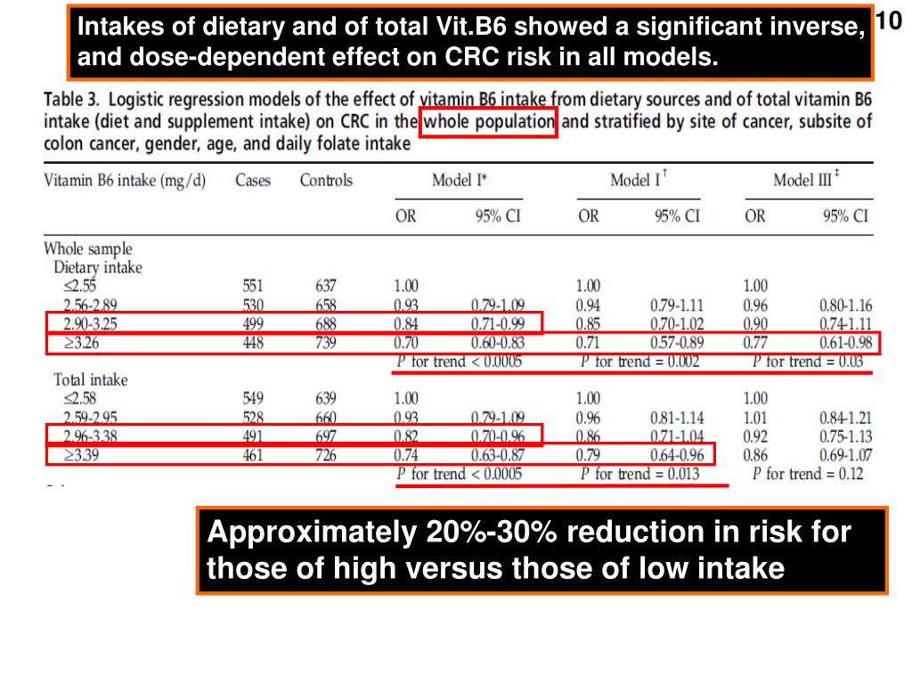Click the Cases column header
(254, 181)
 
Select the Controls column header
(326, 181)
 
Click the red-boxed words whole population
(490, 122)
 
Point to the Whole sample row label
(88, 249)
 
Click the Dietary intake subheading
(98, 267)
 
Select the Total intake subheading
(91, 380)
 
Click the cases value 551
(254, 287)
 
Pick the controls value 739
(326, 343)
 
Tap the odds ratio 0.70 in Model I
(405, 343)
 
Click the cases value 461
(254, 455)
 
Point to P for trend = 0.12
(808, 474)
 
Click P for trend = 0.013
(639, 474)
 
